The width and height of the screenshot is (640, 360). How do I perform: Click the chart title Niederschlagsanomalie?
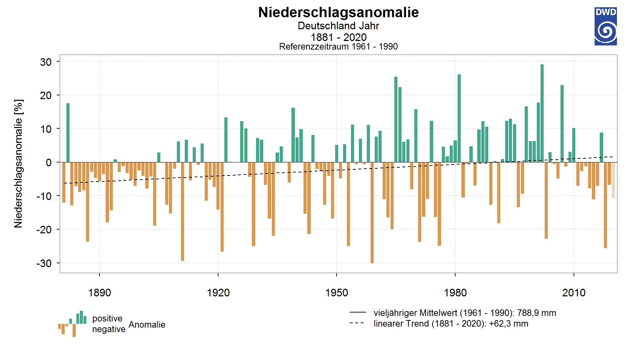[339, 12]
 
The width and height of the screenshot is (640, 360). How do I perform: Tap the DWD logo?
[606, 27]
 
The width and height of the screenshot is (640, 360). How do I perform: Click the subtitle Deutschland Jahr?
[339, 26]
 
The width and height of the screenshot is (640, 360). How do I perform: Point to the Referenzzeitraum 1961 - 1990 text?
[339, 46]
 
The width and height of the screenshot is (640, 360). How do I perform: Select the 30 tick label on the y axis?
[46, 62]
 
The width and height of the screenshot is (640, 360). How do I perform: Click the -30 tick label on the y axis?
[44, 263]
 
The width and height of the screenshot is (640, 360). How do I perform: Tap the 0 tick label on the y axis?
[49, 162]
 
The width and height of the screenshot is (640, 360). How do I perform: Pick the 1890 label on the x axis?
[99, 293]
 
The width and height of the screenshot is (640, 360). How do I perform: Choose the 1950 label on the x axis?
[337, 293]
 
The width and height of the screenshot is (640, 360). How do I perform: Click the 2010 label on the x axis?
[574, 293]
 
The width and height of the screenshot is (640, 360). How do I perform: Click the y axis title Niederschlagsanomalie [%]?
[19, 164]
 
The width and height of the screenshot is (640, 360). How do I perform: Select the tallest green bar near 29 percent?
[542, 113]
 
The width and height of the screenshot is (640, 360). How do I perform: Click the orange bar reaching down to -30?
[372, 213]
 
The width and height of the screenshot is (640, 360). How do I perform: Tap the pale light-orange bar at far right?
[613, 180]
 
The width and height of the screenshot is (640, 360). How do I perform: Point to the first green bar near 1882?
[68, 133]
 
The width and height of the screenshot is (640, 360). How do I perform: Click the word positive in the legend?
[107, 319]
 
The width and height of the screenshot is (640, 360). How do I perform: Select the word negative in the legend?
[109, 329]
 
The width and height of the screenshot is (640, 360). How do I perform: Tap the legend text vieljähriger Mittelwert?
[415, 313]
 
